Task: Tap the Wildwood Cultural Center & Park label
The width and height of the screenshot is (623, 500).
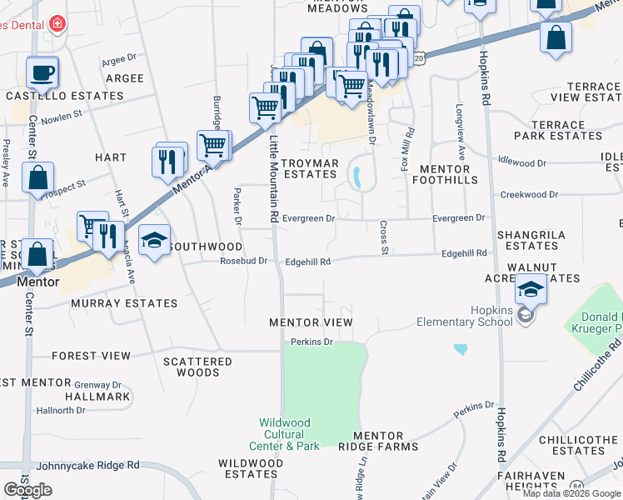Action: [289, 434]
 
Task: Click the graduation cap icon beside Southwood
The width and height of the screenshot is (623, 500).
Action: [155, 241]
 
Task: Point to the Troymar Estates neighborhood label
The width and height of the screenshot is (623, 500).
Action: [309, 168]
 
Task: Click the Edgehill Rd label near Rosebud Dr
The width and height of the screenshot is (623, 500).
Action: [308, 262]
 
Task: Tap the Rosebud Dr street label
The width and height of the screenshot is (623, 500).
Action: [243, 261]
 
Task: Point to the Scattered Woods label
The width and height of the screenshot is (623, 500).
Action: [197, 367]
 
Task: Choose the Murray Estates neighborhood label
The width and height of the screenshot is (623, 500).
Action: [124, 303]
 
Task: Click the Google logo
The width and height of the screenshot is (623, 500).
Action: [27, 490]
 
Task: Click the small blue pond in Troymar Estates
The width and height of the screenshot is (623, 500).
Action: [356, 177]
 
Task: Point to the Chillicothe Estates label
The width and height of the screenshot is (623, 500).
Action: [577, 445]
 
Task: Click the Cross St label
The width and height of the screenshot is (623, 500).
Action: [384, 237]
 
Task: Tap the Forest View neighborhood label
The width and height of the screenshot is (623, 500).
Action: [92, 356]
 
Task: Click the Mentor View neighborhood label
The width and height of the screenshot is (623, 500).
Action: [311, 322]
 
